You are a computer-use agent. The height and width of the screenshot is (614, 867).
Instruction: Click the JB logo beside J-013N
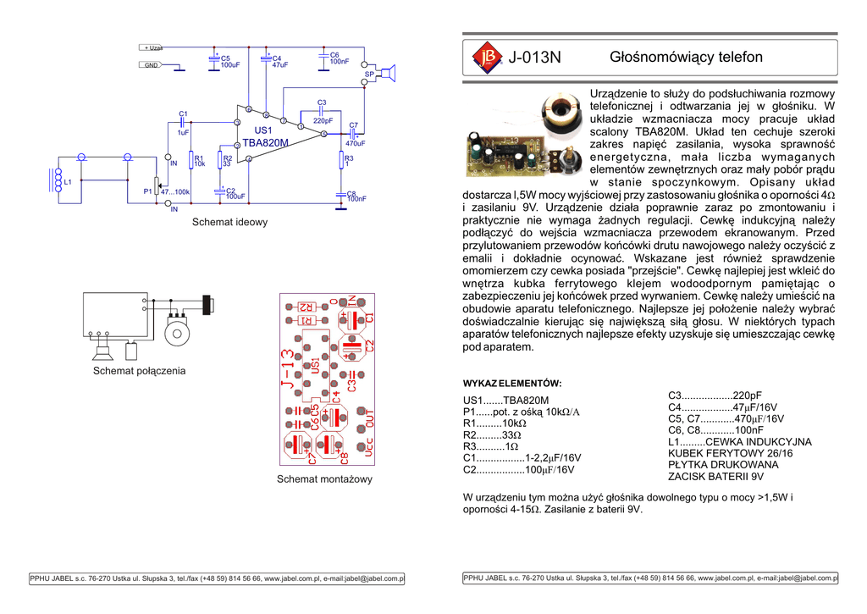[x=486, y=57]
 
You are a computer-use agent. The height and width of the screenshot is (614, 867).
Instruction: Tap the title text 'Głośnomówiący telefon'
[x=686, y=58]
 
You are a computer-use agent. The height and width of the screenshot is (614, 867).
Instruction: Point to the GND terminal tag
[x=152, y=65]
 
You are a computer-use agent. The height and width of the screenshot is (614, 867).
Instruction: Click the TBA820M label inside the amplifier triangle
[x=266, y=143]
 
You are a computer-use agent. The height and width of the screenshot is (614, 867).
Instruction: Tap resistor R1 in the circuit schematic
[x=192, y=160]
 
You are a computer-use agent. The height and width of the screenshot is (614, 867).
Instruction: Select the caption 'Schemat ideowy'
[x=229, y=223]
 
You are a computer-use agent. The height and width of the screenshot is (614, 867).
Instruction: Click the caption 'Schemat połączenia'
[x=139, y=371]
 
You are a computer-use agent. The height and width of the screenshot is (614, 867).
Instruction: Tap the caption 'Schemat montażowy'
[x=324, y=480]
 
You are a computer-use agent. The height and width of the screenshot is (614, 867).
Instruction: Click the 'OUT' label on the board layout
[x=369, y=418]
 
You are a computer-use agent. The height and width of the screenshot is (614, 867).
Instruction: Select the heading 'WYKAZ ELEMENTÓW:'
[x=512, y=383]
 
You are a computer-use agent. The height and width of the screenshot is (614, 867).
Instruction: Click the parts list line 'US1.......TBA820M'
[x=505, y=401]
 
